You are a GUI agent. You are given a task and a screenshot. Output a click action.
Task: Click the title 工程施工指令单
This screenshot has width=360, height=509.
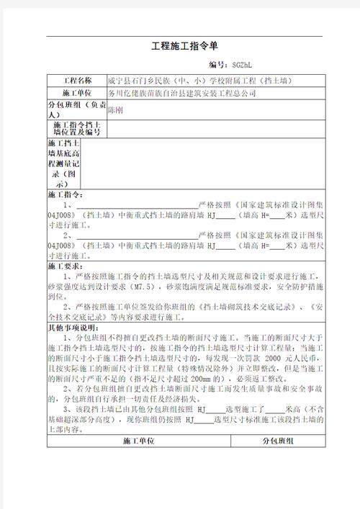pyautogui.click(x=179, y=47)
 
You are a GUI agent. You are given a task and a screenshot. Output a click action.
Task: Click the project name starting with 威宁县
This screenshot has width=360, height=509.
pyautogui.click(x=199, y=81)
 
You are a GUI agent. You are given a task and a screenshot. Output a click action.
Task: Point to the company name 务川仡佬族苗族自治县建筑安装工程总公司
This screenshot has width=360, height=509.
pyautogui.click(x=181, y=94)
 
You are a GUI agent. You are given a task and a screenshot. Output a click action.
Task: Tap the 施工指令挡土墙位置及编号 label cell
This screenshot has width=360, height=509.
pyautogui.click(x=77, y=129)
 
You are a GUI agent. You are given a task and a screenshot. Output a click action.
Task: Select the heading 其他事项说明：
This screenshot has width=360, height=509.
pyautogui.click(x=73, y=327)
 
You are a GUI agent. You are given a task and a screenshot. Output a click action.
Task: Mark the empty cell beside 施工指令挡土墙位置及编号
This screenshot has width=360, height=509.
pyautogui.click(x=214, y=129)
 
